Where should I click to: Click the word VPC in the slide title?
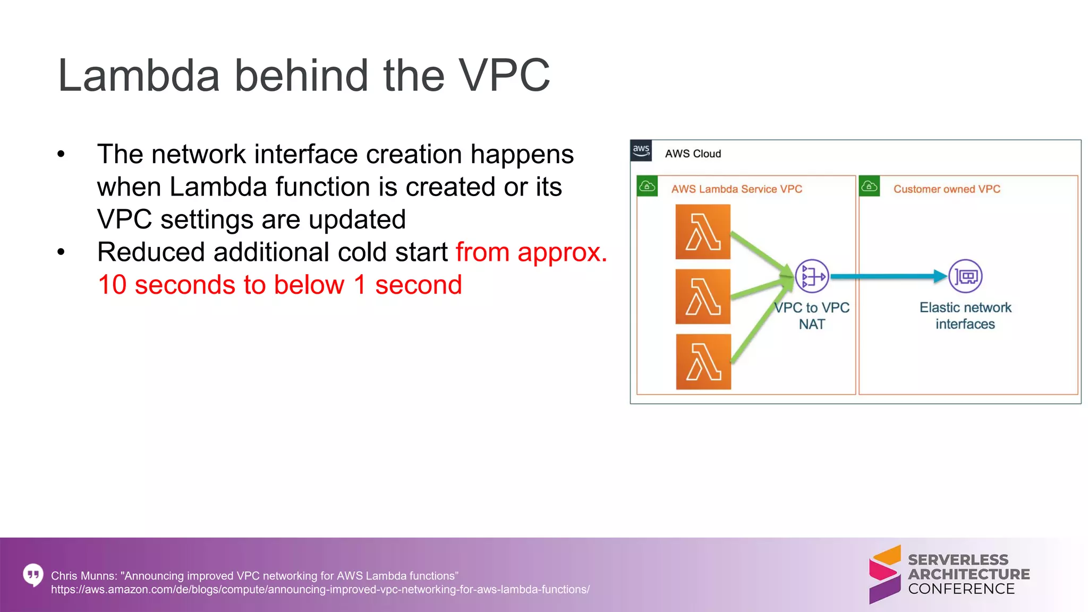(504, 75)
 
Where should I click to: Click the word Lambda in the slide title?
(139, 75)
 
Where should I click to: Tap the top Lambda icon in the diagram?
(703, 232)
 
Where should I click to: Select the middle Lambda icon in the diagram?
(703, 296)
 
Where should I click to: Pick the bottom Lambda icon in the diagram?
(703, 362)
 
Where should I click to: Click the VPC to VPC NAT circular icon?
(812, 276)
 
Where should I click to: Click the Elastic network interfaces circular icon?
(965, 276)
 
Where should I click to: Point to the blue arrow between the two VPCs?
(887, 276)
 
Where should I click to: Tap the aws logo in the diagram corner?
(641, 151)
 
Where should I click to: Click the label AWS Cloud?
(693, 154)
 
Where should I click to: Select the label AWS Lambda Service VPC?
(736, 189)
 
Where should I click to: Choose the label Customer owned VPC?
(947, 189)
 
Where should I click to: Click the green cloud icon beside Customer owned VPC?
(869, 186)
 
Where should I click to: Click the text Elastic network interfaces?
(965, 316)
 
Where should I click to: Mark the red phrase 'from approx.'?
(531, 252)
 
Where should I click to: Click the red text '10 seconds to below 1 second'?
(280, 285)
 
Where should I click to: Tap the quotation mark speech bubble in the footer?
(33, 575)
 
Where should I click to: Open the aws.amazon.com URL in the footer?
(320, 590)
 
